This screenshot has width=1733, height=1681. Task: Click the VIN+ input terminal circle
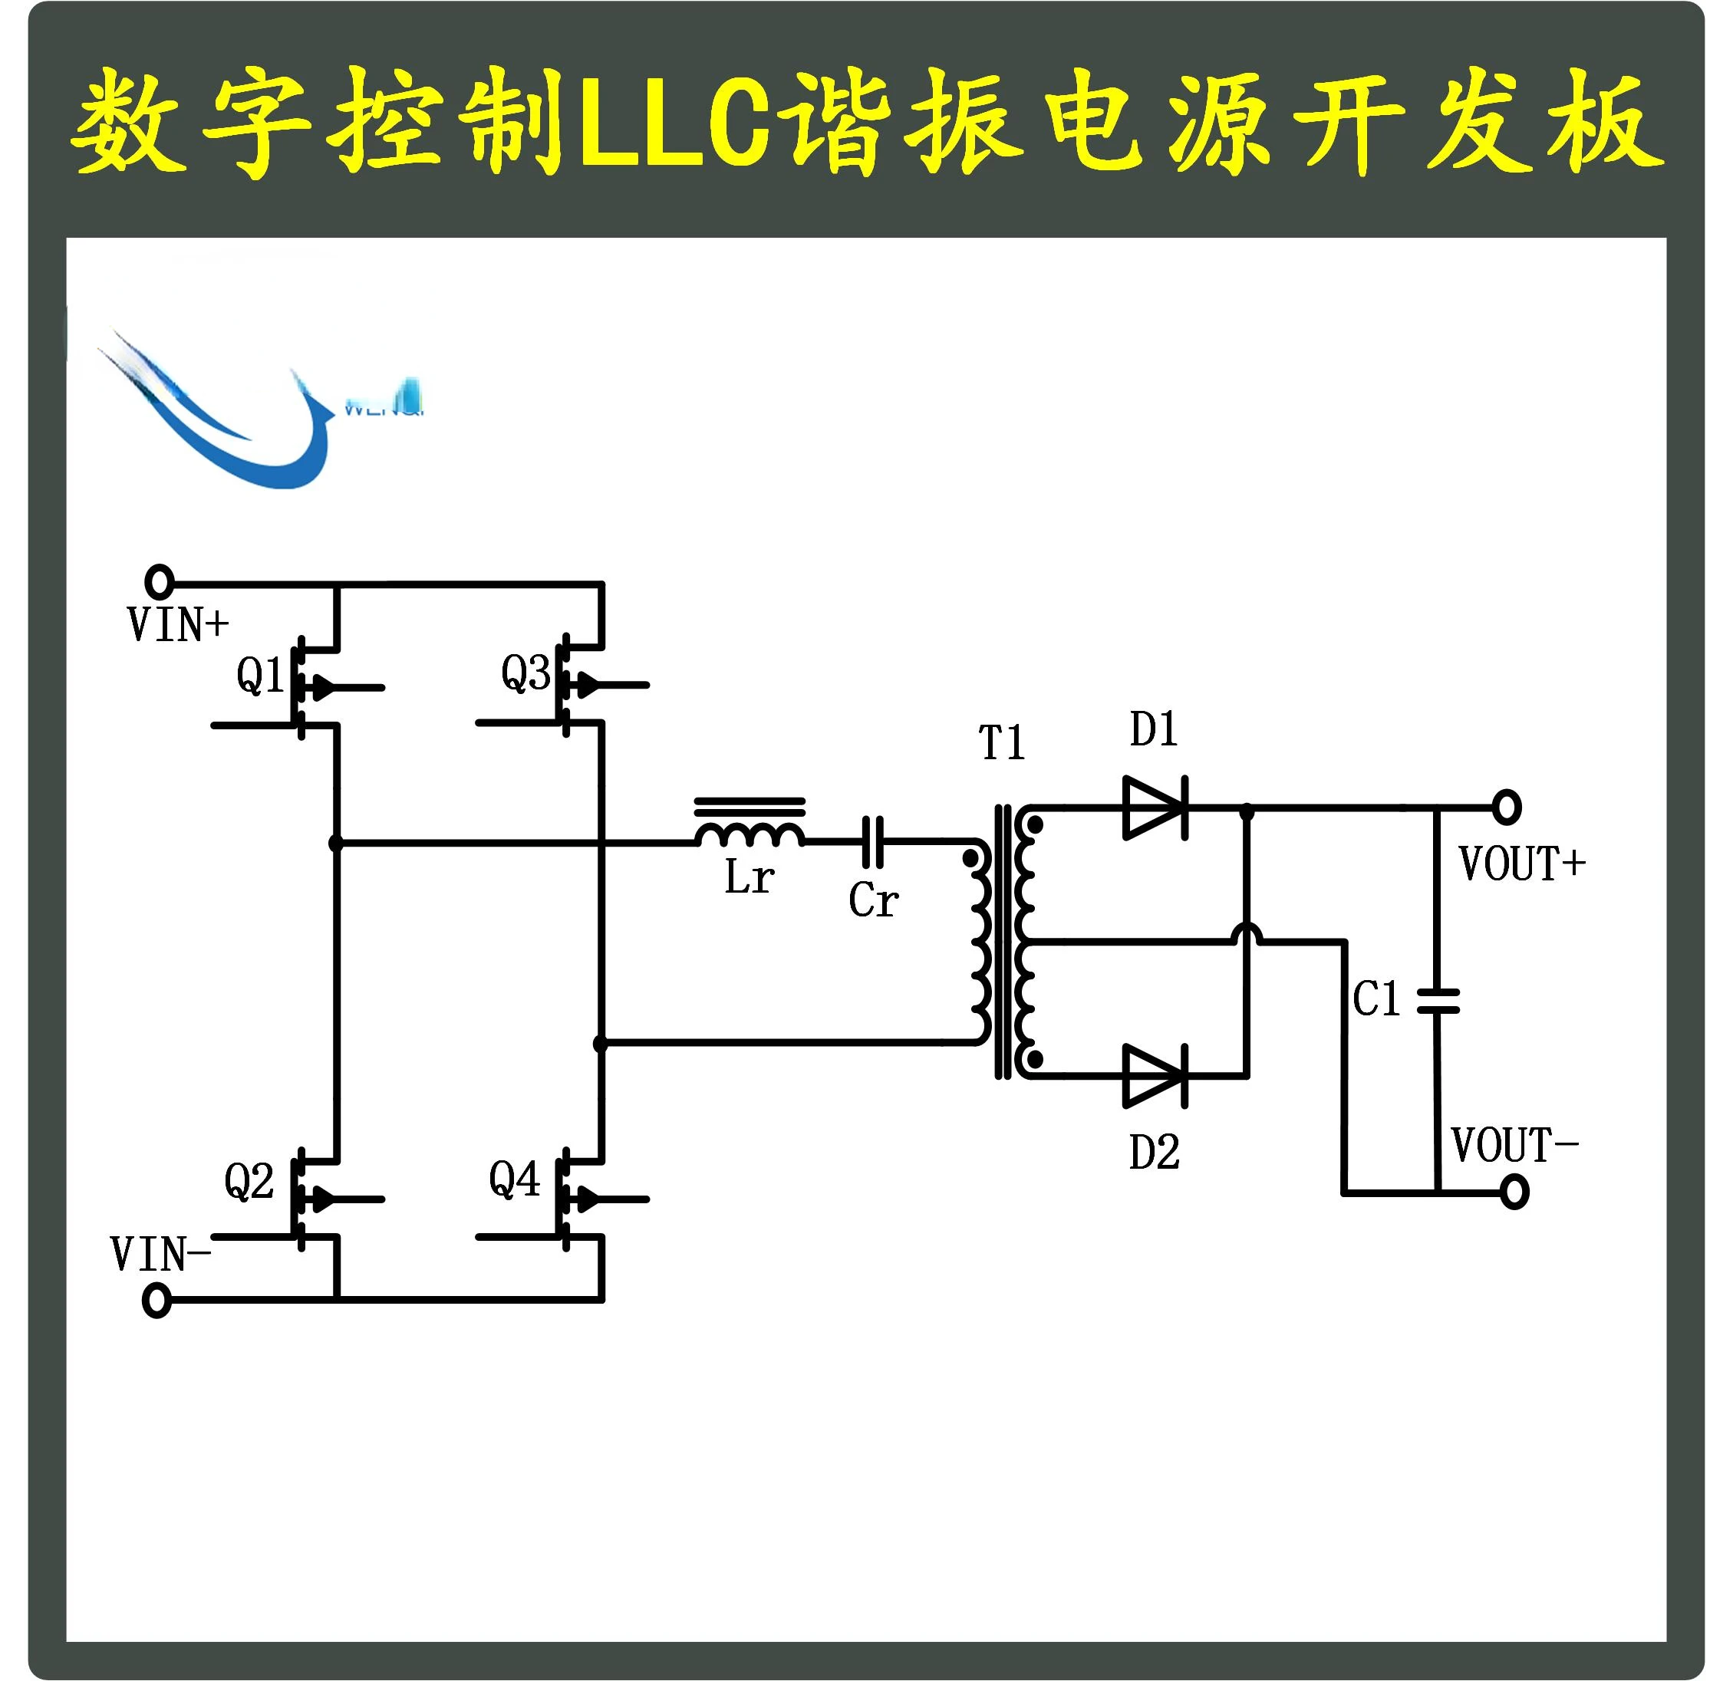click(159, 581)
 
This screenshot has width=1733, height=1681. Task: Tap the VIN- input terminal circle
click(156, 1301)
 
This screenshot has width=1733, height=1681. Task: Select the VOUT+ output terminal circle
click(1507, 807)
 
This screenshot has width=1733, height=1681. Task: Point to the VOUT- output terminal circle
click(1514, 1192)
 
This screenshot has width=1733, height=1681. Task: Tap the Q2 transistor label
click(249, 1182)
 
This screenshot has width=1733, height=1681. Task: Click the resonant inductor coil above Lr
click(750, 831)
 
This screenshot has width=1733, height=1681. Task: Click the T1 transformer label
click(1002, 742)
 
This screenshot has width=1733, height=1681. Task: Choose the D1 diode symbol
click(1154, 808)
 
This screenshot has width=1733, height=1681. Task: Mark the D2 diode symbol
click(1154, 1077)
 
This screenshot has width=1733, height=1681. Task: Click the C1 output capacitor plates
click(1438, 999)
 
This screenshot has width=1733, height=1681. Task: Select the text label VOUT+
click(1520, 864)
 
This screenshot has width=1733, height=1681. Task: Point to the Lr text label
click(749, 877)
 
